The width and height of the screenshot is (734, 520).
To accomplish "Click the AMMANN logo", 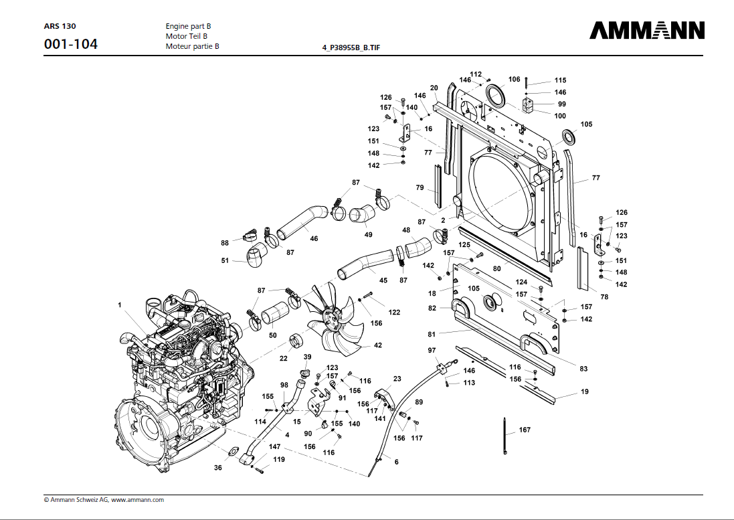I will tap(647, 31).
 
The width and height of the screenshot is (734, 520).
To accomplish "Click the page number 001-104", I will tap(70, 45).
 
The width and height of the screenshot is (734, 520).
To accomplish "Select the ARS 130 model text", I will tap(60, 26).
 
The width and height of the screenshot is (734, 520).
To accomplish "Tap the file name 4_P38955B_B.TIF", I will tap(352, 48).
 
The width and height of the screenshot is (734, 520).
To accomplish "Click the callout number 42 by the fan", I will tap(378, 345).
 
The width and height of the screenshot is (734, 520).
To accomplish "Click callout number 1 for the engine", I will tap(120, 305).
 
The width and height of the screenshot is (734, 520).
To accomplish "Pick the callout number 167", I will tap(525, 430).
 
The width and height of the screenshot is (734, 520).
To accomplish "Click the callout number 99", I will tap(562, 104).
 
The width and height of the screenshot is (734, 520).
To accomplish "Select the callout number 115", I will tap(560, 80).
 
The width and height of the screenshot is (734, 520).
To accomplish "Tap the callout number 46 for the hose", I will tap(314, 239).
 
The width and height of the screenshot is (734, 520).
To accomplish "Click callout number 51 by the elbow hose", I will tap(225, 262).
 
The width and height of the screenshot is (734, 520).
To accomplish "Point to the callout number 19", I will tap(585, 392).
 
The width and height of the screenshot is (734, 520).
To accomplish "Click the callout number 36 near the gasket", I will tap(218, 468).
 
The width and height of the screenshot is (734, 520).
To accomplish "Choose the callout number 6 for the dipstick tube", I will tap(396, 462).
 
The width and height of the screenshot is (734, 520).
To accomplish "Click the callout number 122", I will tap(394, 312).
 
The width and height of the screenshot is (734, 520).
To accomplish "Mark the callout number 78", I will tap(605, 296).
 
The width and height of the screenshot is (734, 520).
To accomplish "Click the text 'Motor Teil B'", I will tap(187, 36).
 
